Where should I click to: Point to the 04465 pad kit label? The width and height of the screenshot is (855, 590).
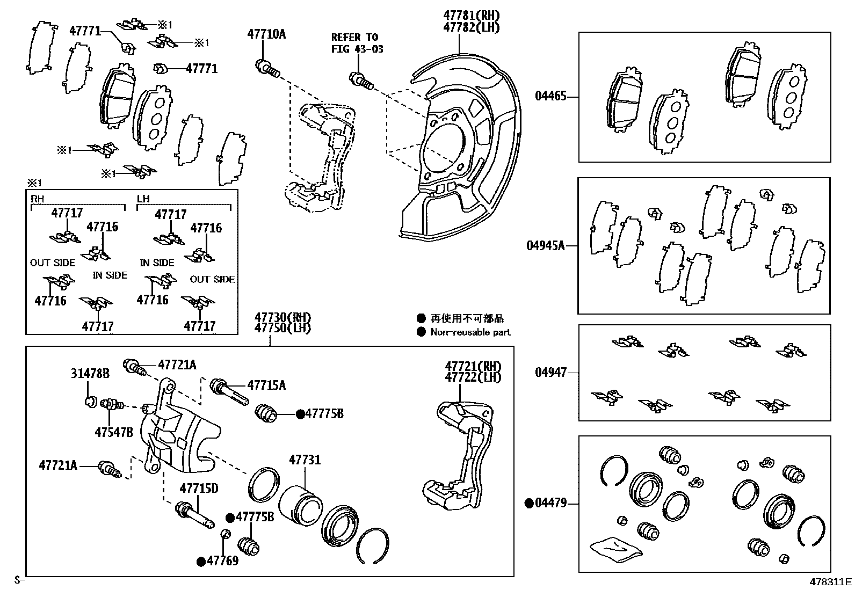[x=550, y=97]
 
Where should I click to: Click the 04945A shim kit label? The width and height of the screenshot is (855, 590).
[x=546, y=246]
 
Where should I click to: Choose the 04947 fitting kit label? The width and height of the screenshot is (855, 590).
[x=550, y=372]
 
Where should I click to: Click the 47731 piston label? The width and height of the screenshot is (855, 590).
[x=305, y=460]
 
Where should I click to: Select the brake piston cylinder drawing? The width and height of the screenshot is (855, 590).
[x=300, y=506]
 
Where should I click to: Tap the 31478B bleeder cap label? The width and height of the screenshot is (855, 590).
[x=90, y=373]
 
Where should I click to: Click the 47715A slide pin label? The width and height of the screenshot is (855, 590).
[x=266, y=385]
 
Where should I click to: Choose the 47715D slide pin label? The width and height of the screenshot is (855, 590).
[x=199, y=489]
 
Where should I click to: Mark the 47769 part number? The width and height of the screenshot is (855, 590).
[x=222, y=561]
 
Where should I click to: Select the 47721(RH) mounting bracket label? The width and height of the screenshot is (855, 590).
[x=473, y=366]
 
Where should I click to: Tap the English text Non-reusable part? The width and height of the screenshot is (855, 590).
[x=470, y=332]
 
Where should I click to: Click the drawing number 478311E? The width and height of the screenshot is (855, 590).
[x=831, y=581]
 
